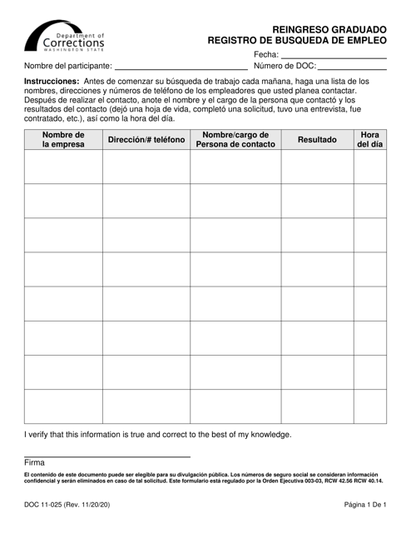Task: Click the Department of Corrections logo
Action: point(66,37)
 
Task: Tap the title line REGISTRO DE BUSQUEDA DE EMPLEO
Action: point(297,38)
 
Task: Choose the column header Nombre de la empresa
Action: point(64,140)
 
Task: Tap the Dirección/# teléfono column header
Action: point(146,141)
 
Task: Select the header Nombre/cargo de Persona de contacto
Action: point(235,140)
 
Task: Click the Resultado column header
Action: point(317,141)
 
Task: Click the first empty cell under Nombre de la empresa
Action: point(64,167)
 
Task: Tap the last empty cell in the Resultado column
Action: point(317,406)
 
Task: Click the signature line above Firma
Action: point(107,457)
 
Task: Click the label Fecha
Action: point(265,55)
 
